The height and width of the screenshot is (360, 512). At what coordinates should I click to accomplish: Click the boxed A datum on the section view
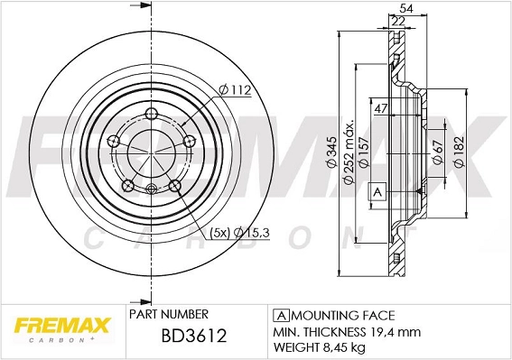pos(377,192)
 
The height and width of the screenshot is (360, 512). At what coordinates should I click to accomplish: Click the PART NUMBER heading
pos(169,314)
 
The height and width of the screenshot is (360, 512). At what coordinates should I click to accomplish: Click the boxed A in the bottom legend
pos(280,316)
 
